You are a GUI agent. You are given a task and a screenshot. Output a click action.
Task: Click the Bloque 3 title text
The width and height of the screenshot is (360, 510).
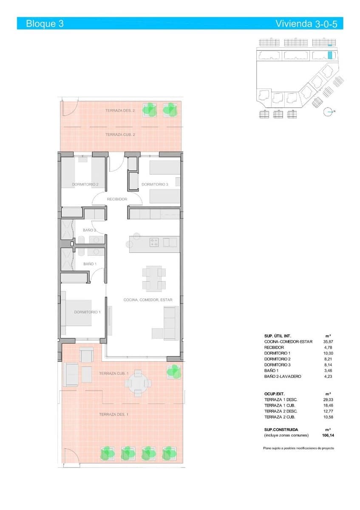[x=45, y=24]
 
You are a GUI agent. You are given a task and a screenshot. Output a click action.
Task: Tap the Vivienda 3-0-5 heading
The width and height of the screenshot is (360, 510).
[x=306, y=24]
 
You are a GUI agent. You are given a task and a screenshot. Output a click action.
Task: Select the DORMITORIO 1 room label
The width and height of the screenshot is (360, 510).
[x=87, y=312]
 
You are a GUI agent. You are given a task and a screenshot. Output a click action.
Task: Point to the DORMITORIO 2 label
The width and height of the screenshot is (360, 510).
[x=85, y=184]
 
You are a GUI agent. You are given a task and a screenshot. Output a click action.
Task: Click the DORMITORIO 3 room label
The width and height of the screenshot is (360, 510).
[x=155, y=184]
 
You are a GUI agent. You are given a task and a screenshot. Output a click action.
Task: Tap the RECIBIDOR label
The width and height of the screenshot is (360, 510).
[x=117, y=199]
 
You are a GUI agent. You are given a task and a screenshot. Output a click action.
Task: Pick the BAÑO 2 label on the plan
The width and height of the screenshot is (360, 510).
[x=89, y=230]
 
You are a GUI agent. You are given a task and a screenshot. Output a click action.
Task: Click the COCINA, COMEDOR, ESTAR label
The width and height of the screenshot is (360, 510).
[x=148, y=300]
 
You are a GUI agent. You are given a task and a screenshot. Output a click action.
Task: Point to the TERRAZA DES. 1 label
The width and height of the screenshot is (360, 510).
[x=113, y=414]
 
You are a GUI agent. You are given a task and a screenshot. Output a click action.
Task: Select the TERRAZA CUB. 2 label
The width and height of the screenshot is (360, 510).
[x=120, y=134]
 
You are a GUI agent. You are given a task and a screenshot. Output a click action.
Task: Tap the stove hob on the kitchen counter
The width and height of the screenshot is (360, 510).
[x=154, y=242]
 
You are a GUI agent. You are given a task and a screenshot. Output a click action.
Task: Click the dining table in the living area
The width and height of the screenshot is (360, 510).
[x=154, y=278]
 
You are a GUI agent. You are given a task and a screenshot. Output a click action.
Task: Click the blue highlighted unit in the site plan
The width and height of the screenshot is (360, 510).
[x=330, y=55]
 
